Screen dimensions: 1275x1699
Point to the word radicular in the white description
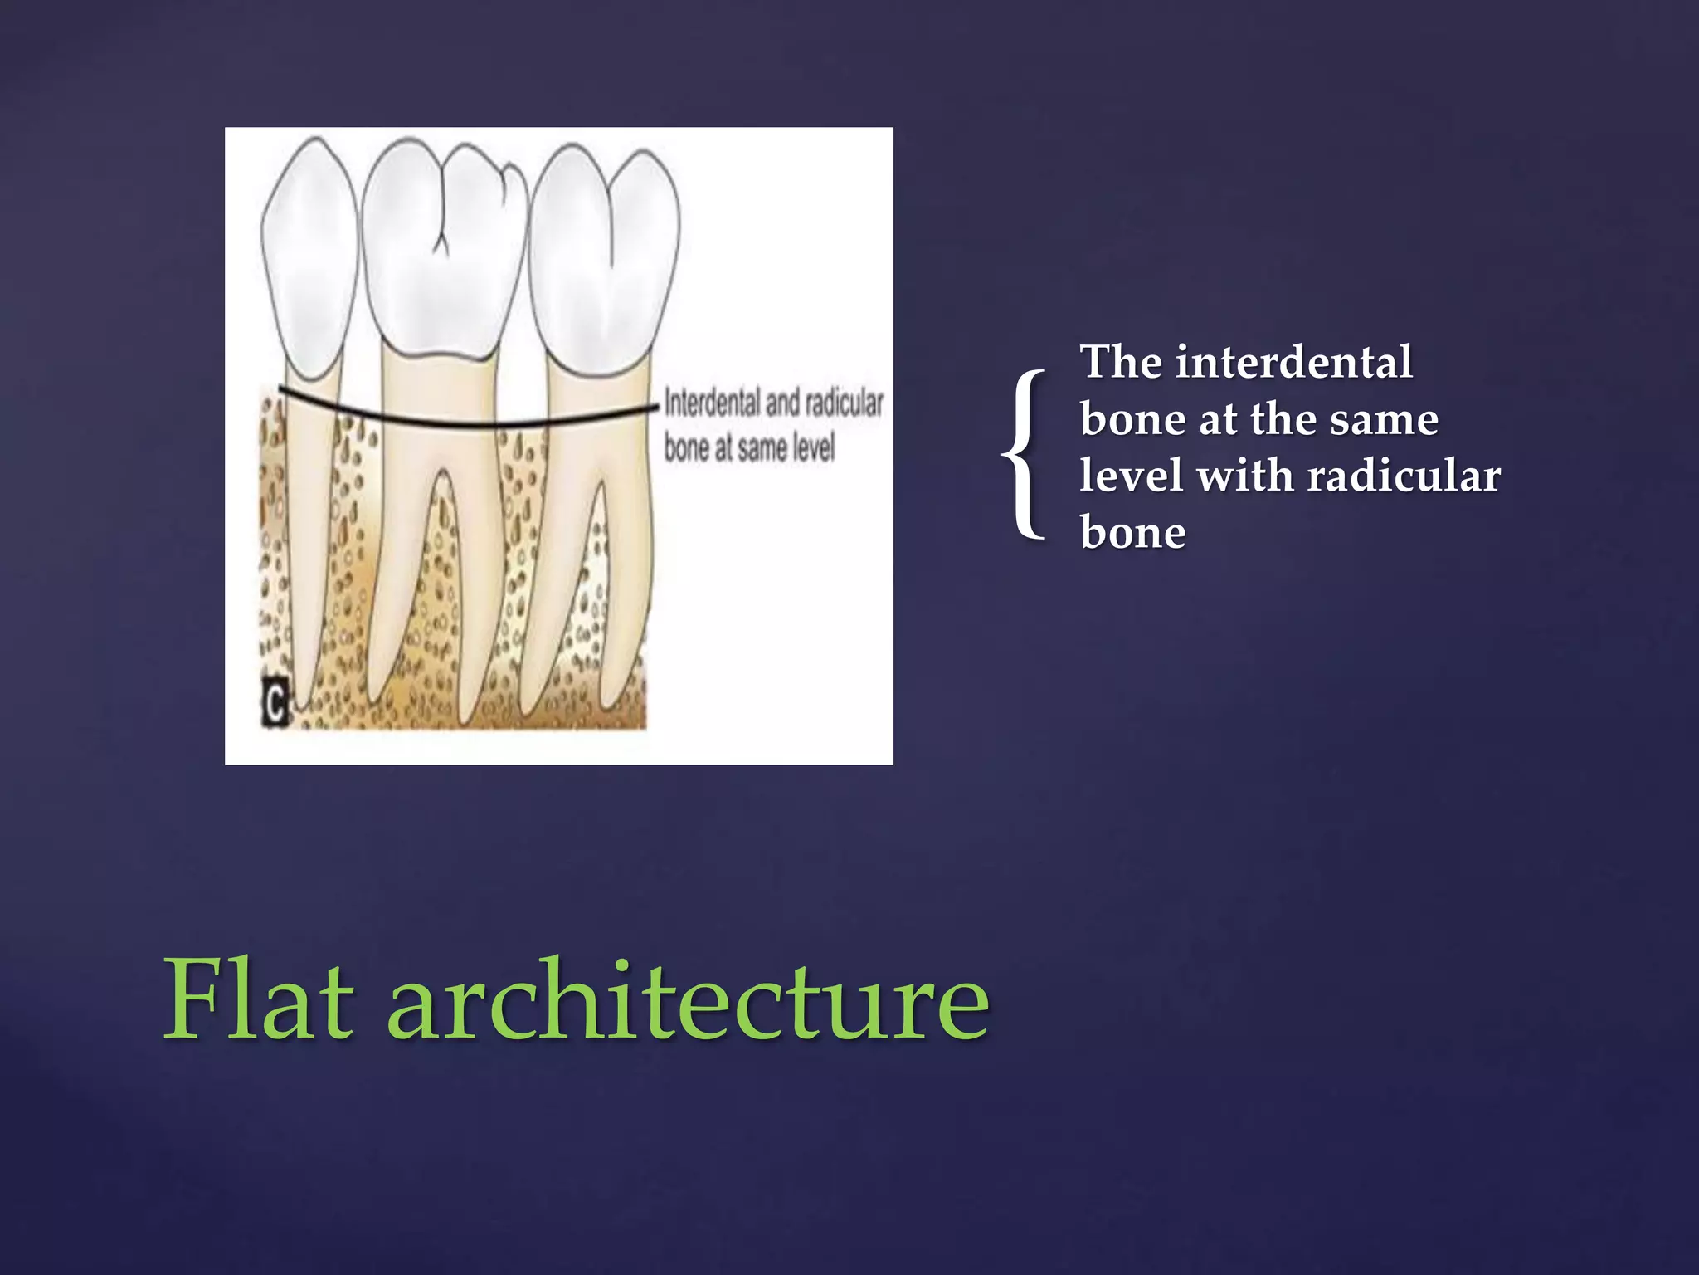[1404, 476]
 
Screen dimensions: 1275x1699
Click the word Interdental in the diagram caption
[712, 403]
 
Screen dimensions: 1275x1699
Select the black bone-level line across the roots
[465, 420]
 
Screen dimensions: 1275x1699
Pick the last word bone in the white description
[1132, 533]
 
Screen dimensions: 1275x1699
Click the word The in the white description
[1120, 363]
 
